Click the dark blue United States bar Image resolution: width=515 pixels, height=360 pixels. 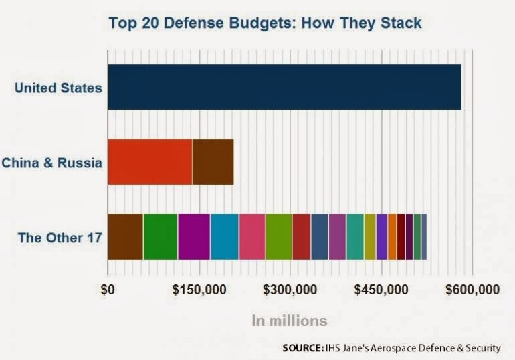[x=284, y=87]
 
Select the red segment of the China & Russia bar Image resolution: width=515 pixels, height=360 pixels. [x=150, y=162]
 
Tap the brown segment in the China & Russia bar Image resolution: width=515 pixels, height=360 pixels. [x=213, y=162]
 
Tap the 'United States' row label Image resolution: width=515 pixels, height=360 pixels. [x=58, y=88]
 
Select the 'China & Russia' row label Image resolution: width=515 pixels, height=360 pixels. [x=52, y=163]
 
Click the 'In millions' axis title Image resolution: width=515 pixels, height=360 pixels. [x=290, y=321]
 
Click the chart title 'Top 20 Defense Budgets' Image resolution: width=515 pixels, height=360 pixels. [x=265, y=23]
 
